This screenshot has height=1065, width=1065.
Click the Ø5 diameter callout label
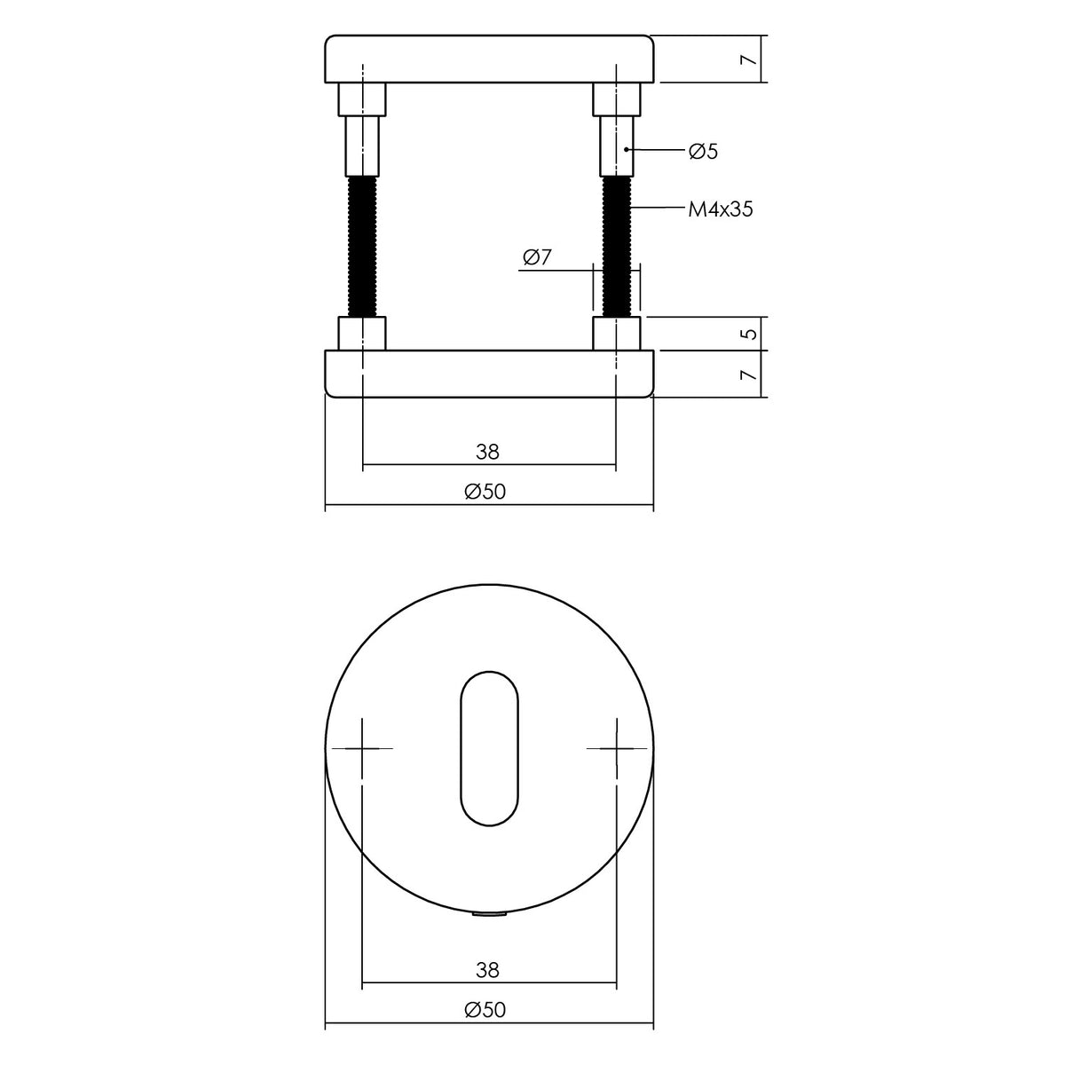[703, 151]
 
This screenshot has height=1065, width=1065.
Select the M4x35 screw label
[720, 209]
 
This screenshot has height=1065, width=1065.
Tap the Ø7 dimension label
[537, 257]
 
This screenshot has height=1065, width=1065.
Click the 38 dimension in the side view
[487, 452]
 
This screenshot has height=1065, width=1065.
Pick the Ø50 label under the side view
[485, 492]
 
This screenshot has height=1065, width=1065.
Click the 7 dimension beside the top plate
[748, 59]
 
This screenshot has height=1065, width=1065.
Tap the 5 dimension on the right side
[748, 334]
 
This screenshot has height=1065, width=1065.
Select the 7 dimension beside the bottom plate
[748, 375]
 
